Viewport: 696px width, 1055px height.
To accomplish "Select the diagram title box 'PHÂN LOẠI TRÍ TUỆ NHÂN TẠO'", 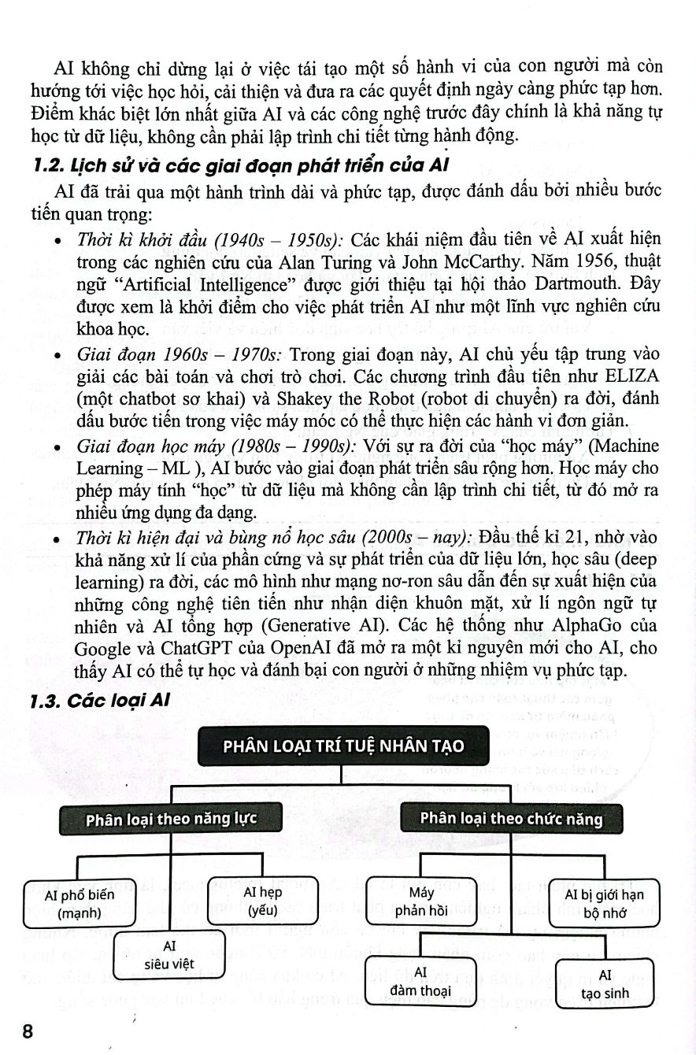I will pyautogui.click(x=342, y=745).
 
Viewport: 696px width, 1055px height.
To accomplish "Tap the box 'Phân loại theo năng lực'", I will pyautogui.click(x=171, y=819).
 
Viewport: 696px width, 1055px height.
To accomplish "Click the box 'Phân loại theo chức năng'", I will pyautogui.click(x=511, y=819).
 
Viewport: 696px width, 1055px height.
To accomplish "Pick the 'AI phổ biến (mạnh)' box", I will pyautogui.click(x=80, y=903).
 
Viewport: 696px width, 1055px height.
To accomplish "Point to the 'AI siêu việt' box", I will pyautogui.click(x=169, y=954).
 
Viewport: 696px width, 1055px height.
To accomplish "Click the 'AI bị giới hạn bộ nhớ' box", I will pyautogui.click(x=604, y=903).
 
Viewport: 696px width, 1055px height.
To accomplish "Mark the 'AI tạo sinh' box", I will pyautogui.click(x=605, y=985).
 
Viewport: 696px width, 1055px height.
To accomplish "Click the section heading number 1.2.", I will pyautogui.click(x=42, y=167).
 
